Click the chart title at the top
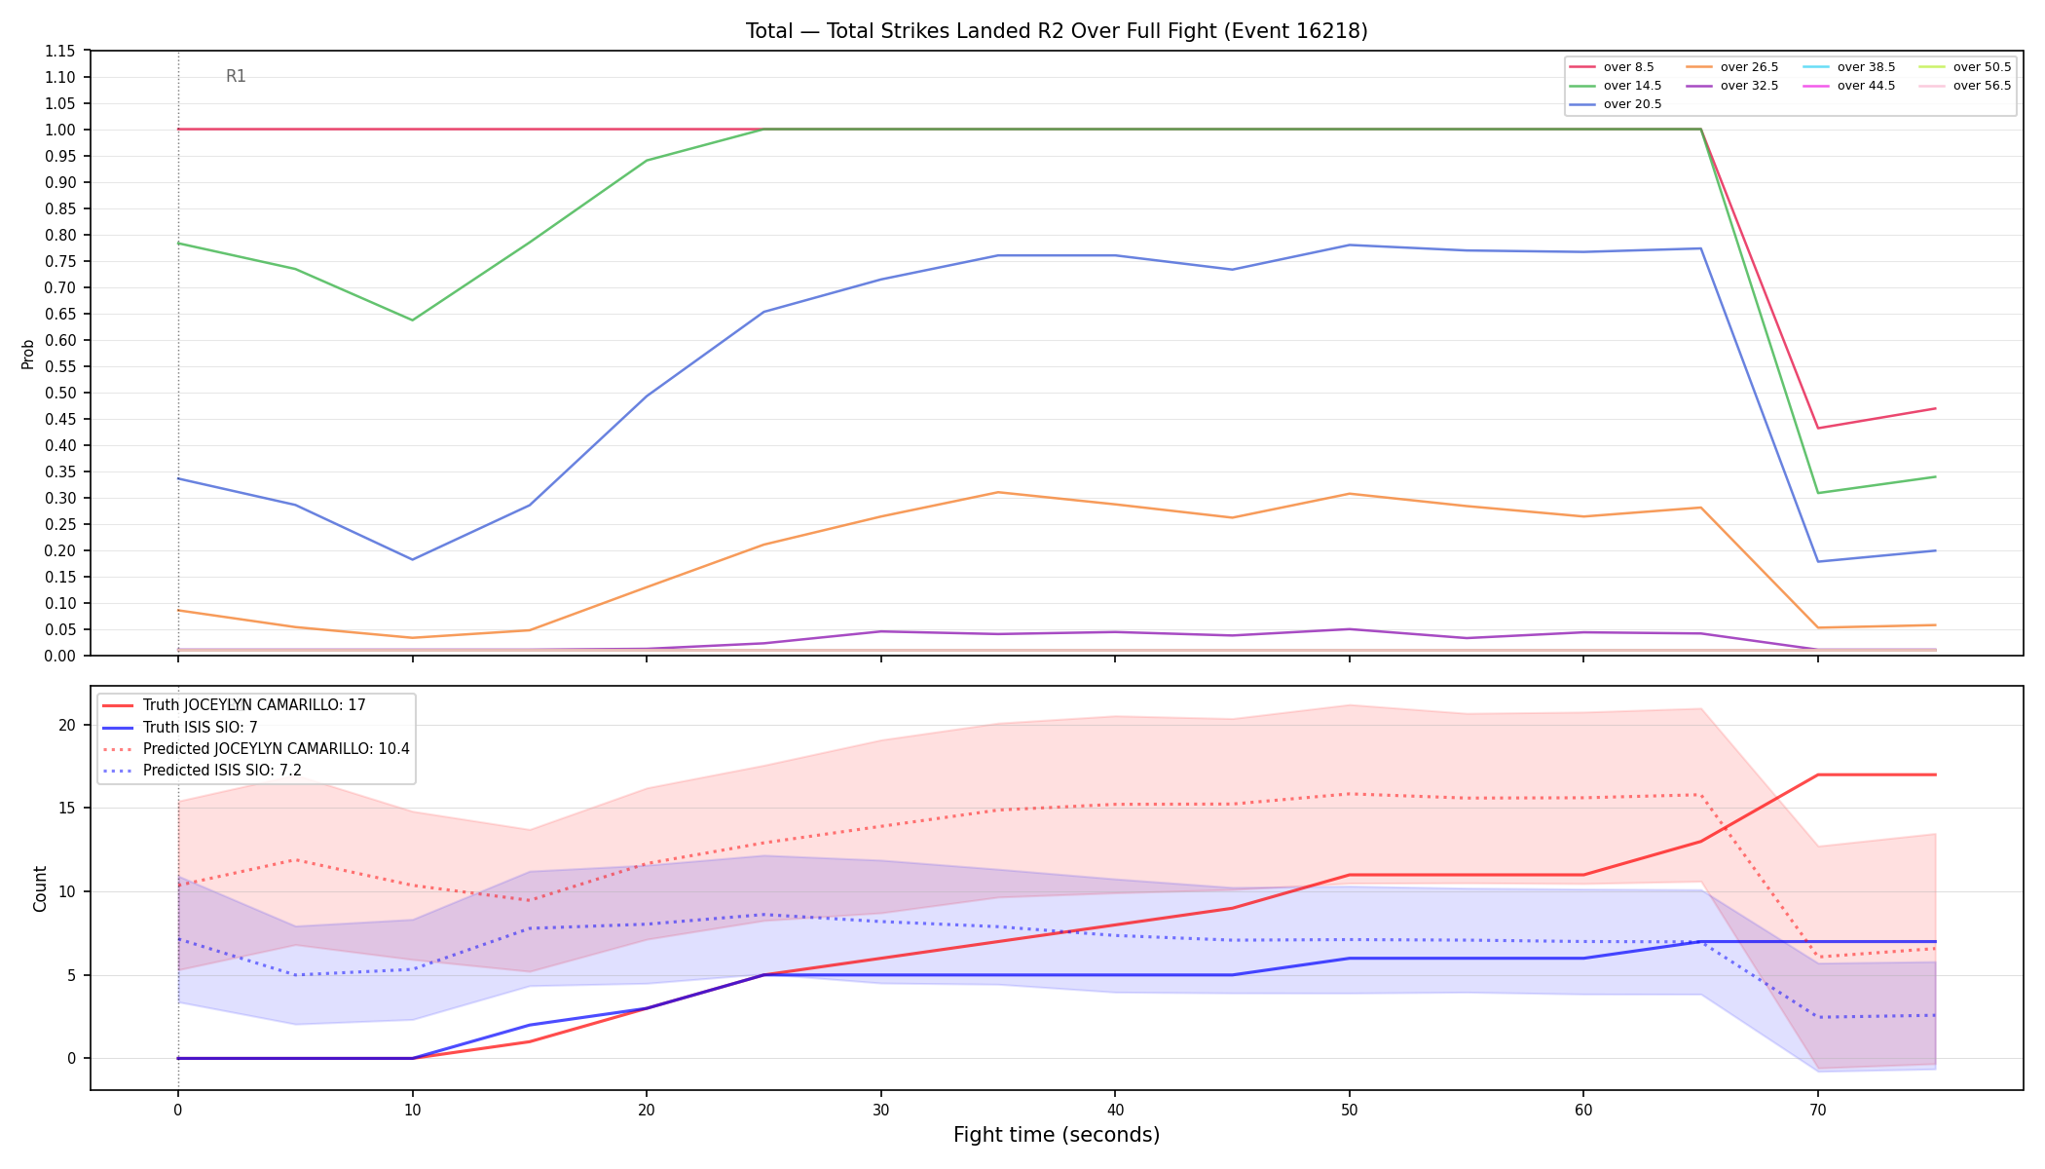1057,31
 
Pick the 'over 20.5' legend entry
1616,104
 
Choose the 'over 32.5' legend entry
1732,86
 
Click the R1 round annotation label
236,76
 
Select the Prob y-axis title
27,354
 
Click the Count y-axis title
40,888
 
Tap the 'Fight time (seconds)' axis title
1057,1135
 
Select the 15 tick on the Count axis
67,808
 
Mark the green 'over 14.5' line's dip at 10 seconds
412,320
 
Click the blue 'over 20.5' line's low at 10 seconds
412,559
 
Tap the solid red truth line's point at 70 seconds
1817,774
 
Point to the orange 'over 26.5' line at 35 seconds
998,492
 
